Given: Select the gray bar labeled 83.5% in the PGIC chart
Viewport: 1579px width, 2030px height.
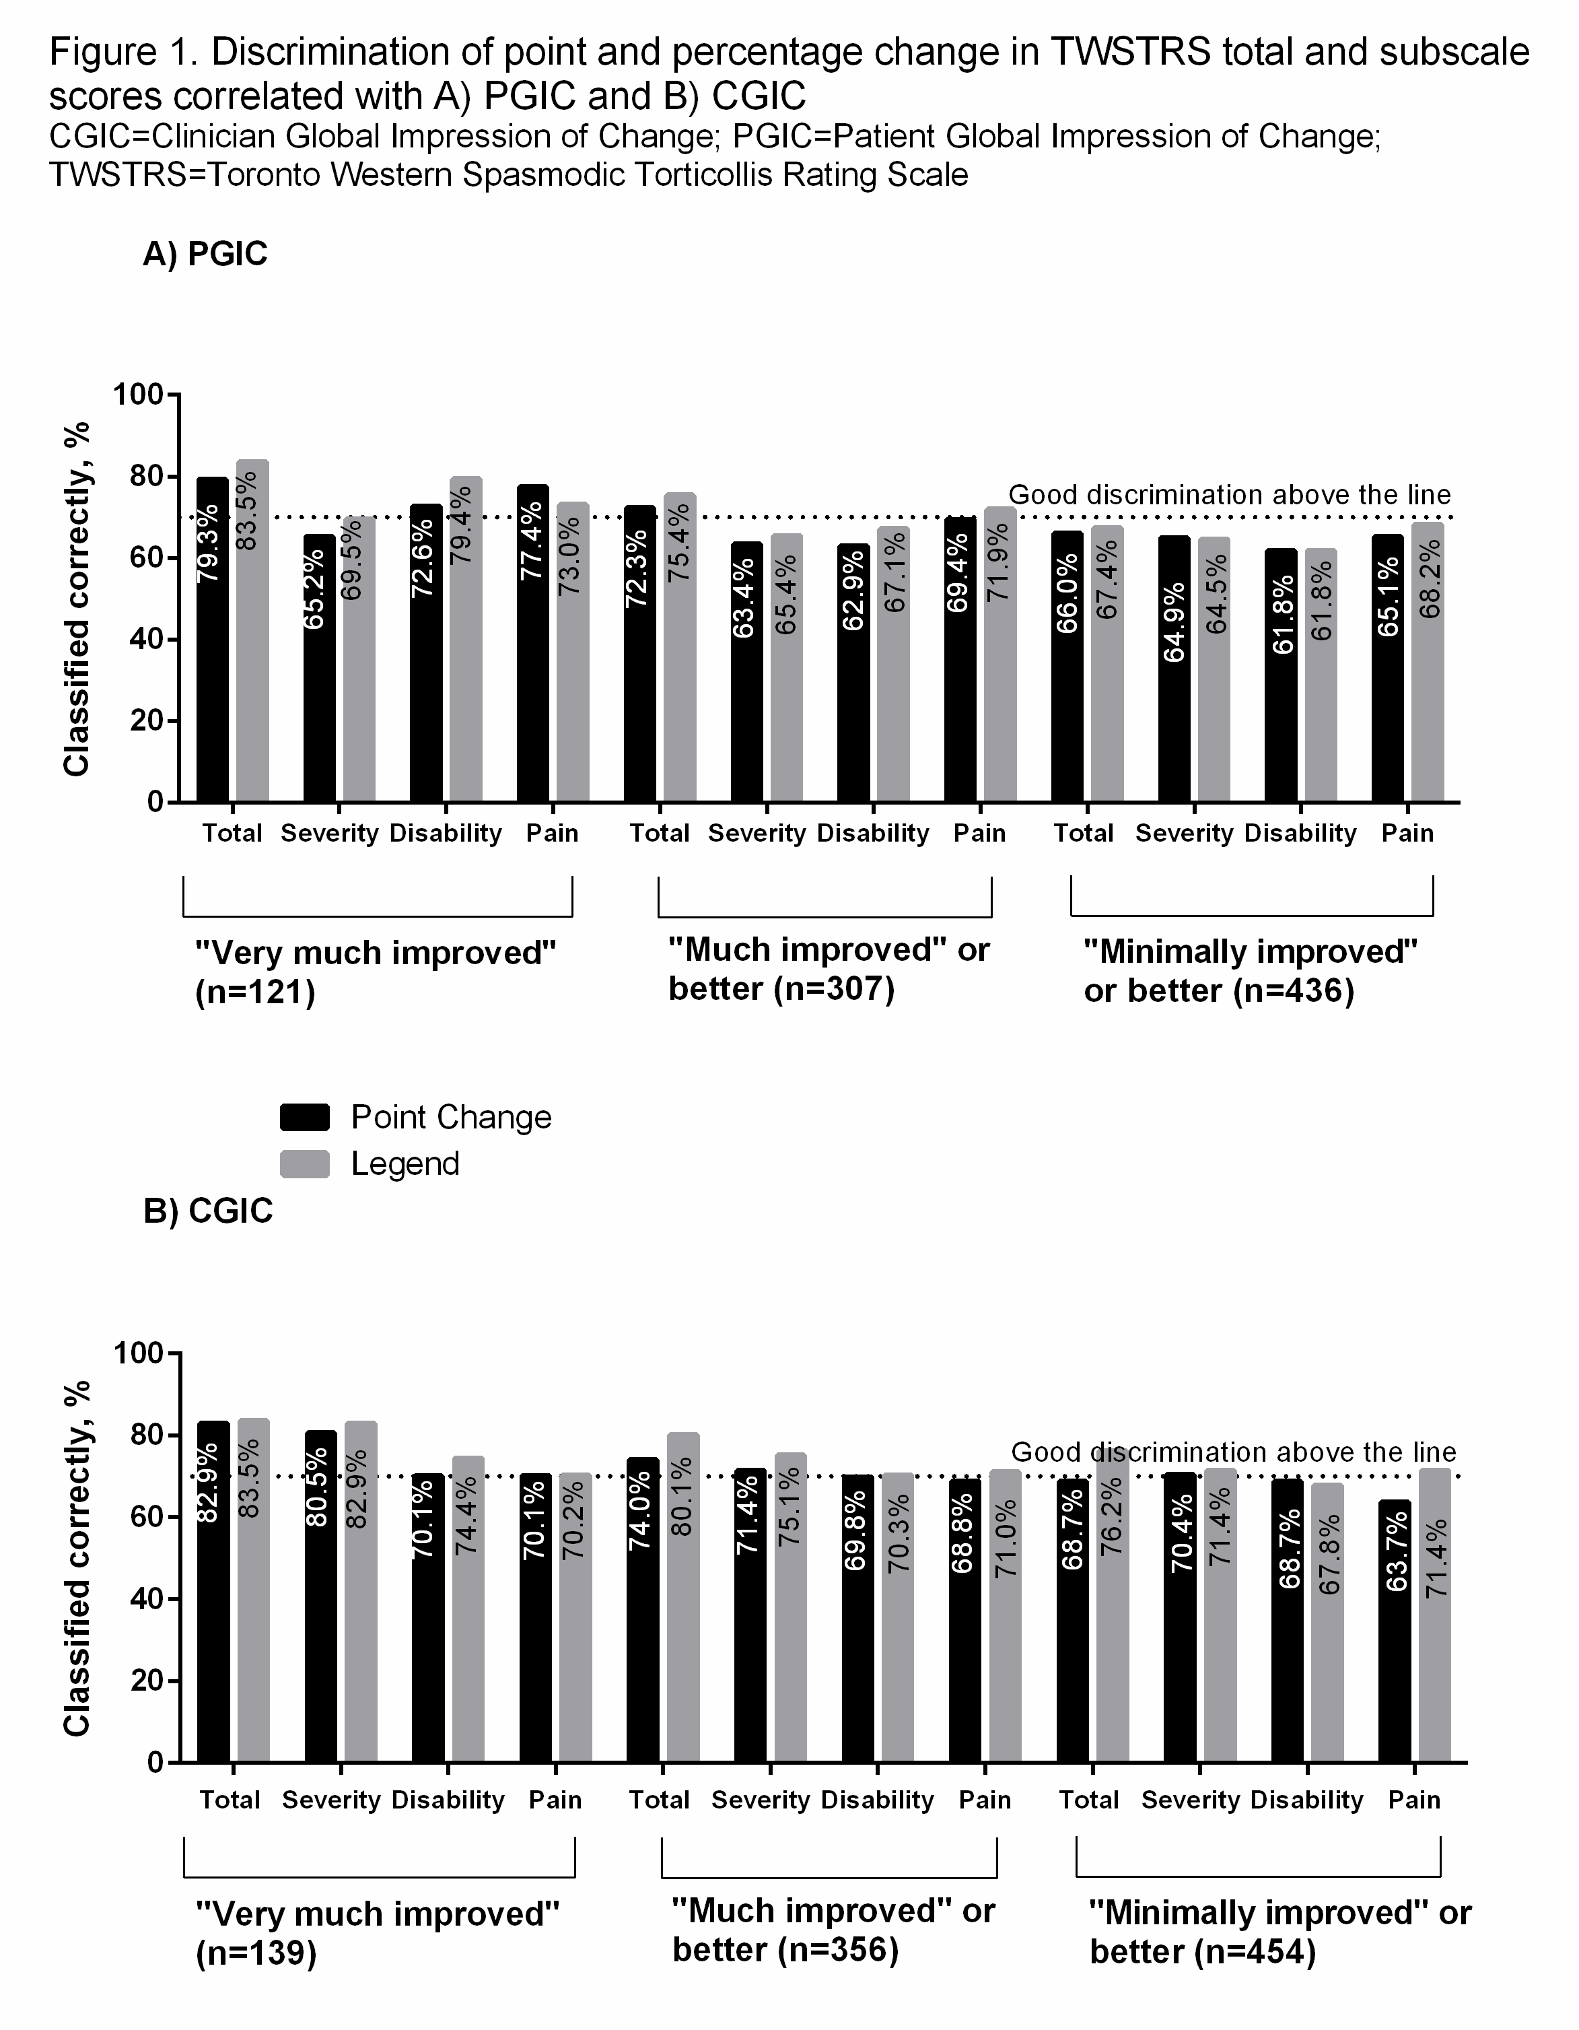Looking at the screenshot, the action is click(x=253, y=630).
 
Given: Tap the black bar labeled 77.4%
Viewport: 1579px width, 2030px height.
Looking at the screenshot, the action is click(x=534, y=643).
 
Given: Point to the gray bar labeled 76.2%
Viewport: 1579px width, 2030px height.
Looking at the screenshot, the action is click(x=1113, y=1605).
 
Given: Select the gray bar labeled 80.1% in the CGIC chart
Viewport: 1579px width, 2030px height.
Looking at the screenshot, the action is click(x=683, y=1598).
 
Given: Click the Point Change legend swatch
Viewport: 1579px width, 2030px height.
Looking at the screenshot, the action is click(x=305, y=1117).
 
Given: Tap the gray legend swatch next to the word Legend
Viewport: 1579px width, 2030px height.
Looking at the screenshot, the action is click(x=305, y=1163).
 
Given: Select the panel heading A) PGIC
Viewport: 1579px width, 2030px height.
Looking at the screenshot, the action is click(x=205, y=254).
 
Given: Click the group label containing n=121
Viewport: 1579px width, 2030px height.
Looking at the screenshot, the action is click(x=376, y=972).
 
